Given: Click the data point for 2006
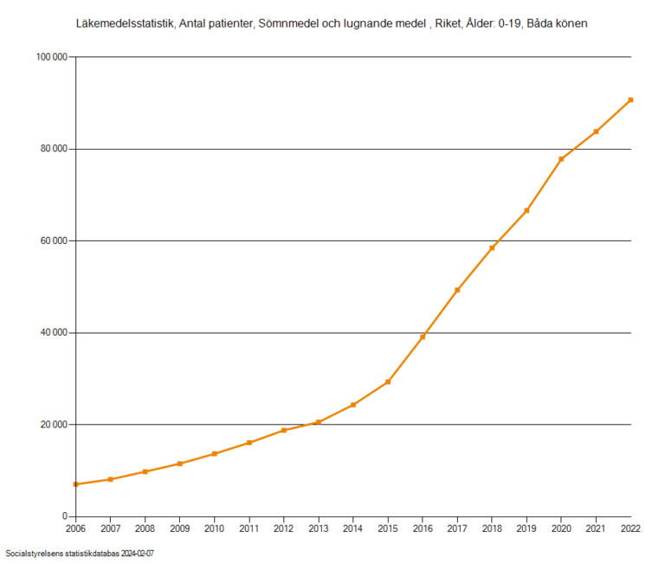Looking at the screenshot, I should [75, 484].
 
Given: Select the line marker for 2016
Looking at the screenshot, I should [423, 336].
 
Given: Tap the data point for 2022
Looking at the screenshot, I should [630, 99].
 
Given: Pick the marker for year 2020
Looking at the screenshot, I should [561, 159].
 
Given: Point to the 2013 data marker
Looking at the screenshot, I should [319, 422].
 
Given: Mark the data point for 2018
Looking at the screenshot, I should [492, 247].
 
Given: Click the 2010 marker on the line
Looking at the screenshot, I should [214, 453].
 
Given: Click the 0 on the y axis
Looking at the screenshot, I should [65, 516].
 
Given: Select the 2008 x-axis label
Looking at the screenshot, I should [145, 529].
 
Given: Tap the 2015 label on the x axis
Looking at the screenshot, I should [388, 529].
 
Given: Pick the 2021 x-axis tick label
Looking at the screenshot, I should [596, 529].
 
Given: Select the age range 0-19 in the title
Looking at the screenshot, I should [511, 24].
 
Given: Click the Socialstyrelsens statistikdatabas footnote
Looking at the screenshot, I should [85, 553].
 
